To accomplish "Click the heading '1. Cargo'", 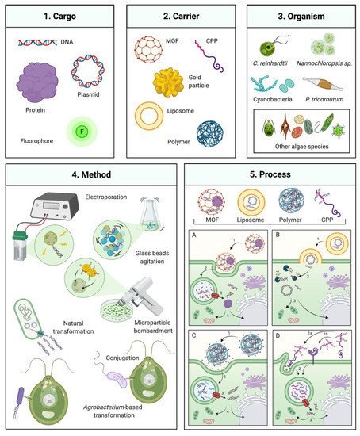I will [59, 17].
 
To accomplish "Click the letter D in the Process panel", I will [274, 321].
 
